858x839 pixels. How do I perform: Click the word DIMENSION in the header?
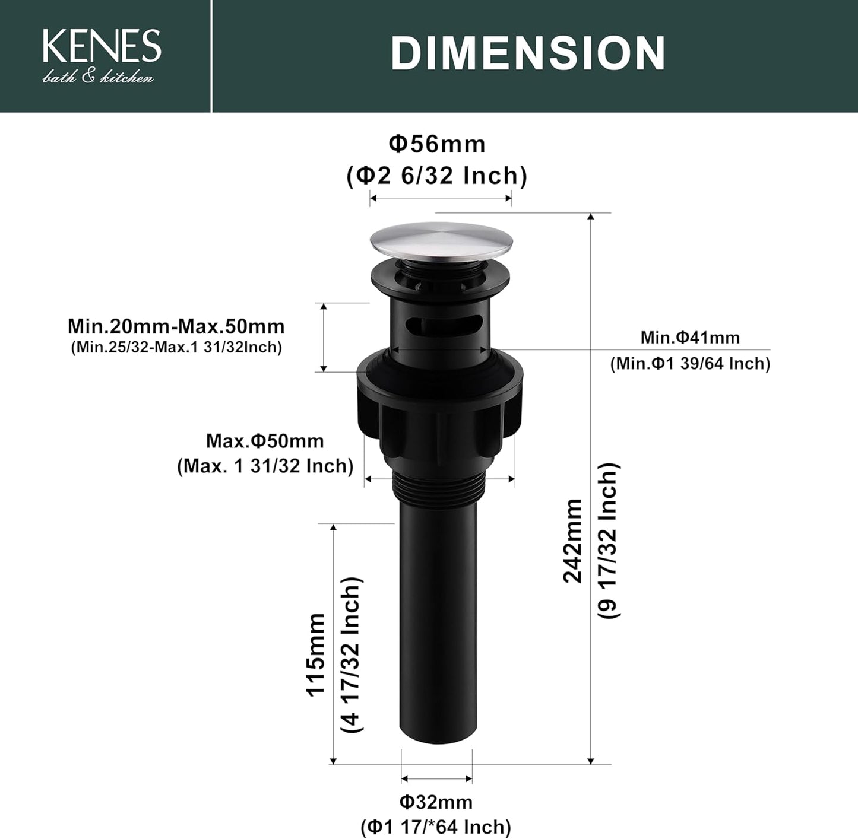click(528, 53)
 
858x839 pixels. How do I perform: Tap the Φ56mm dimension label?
click(437, 144)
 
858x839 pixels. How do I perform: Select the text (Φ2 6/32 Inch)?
click(437, 176)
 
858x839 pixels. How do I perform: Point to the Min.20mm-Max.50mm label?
click(176, 326)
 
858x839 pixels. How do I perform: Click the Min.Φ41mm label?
click(690, 338)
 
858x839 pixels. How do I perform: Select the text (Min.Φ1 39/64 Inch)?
click(690, 363)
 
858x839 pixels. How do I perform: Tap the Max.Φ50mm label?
click(265, 441)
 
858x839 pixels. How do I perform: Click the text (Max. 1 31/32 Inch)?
click(265, 466)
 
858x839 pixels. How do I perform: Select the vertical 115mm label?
click(315, 654)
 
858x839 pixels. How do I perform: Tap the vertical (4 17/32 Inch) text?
click(352, 654)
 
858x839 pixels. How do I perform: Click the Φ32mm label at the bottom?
click(436, 802)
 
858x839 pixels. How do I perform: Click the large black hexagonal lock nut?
click(441, 409)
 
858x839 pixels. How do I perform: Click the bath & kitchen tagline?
click(98, 77)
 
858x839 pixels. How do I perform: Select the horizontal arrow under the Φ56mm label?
click(441, 199)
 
